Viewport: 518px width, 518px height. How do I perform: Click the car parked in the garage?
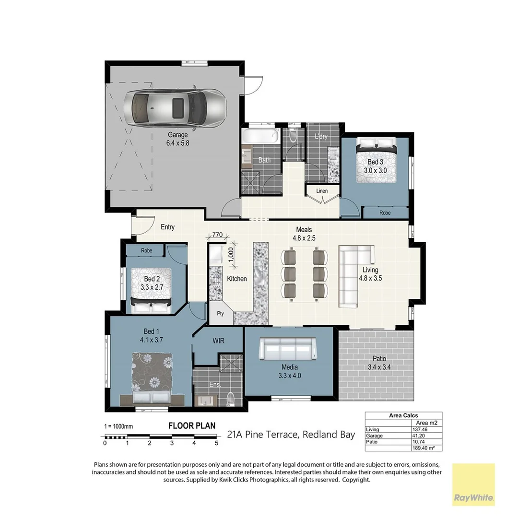click(x=175, y=107)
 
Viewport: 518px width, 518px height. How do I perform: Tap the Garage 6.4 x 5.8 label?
click(x=177, y=139)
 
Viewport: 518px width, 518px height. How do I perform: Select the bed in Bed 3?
click(x=377, y=160)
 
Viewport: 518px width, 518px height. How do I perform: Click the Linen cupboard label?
click(x=322, y=191)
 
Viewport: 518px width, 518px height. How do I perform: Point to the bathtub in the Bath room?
click(x=261, y=136)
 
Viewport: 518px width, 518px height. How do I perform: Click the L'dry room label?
click(x=321, y=137)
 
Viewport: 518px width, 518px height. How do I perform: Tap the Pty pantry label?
click(x=220, y=314)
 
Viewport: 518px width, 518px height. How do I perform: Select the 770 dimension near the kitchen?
click(x=217, y=235)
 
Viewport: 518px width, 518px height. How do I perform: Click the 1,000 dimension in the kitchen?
click(x=231, y=255)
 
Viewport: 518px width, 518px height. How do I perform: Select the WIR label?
click(x=219, y=341)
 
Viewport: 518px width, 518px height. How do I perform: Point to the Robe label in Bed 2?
click(x=146, y=250)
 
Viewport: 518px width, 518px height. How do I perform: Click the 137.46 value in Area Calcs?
click(x=420, y=429)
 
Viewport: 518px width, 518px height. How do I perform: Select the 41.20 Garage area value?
click(x=419, y=436)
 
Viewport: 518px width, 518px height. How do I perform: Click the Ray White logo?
click(x=473, y=484)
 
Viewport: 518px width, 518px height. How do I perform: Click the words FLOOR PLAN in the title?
click(x=191, y=425)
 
